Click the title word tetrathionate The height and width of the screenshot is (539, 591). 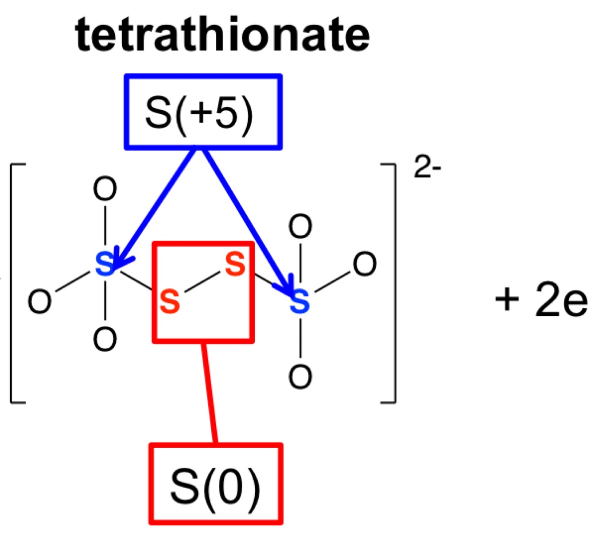click(x=222, y=35)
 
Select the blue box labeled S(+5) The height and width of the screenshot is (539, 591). click(x=203, y=112)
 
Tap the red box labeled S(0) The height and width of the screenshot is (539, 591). click(x=216, y=484)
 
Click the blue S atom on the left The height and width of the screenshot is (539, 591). click(x=105, y=264)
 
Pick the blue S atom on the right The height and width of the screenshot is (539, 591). click(x=299, y=302)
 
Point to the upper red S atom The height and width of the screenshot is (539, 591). click(x=235, y=264)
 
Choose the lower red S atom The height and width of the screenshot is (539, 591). click(x=170, y=301)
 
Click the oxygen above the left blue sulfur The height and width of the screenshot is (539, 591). click(x=105, y=189)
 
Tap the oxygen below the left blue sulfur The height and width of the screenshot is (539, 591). click(x=105, y=339)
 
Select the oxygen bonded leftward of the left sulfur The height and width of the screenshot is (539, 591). click(x=39, y=302)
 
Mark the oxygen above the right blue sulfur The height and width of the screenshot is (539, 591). click(x=300, y=227)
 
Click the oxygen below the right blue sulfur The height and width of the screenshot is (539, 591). click(x=300, y=377)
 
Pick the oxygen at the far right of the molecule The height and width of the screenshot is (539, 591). click(x=365, y=264)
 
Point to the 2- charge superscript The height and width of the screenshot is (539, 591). click(x=427, y=168)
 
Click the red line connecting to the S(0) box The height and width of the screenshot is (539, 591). click(x=209, y=392)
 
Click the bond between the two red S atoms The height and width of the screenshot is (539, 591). click(x=202, y=283)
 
